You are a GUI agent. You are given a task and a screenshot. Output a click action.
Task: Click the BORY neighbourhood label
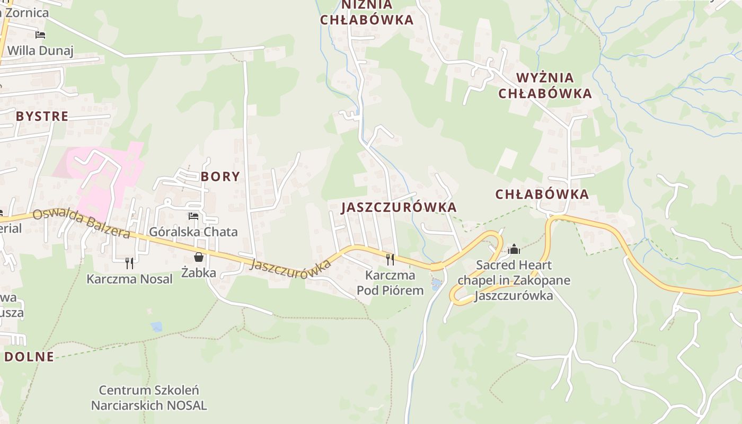coord(220,176)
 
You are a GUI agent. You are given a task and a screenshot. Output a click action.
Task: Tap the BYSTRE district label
coord(42,117)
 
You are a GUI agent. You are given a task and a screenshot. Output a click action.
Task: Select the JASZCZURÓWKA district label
coord(399,207)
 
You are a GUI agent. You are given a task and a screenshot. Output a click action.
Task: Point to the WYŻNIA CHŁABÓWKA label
coord(553,86)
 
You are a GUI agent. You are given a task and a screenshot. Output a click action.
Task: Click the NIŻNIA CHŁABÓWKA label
coord(367,13)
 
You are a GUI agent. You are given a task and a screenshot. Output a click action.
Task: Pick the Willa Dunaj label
coord(40,51)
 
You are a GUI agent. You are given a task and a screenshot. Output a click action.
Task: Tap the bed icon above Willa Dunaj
coord(40,35)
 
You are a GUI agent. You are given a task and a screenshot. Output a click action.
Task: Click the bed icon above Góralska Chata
coord(193,216)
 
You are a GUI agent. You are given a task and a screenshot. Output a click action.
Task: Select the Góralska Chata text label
coord(193,232)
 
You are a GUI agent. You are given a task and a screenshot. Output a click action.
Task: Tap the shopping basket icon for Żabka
coord(199,257)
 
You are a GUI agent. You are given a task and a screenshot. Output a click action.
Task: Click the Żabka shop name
coord(199,273)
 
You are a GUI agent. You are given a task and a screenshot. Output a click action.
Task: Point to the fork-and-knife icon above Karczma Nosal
coord(129,263)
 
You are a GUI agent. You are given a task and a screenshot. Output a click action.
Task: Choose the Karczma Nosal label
coord(130,279)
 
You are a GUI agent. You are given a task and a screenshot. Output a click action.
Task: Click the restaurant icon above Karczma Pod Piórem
coord(390,259)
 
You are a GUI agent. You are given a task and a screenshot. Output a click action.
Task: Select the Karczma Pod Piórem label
coord(390,282)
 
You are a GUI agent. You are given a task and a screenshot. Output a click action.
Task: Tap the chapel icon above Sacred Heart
coord(514,249)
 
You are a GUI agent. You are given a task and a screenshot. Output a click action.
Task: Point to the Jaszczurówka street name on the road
coord(290,267)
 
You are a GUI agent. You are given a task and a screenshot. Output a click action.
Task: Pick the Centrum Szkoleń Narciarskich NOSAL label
coord(149,398)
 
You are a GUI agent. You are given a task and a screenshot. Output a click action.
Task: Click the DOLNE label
coord(30,357)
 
